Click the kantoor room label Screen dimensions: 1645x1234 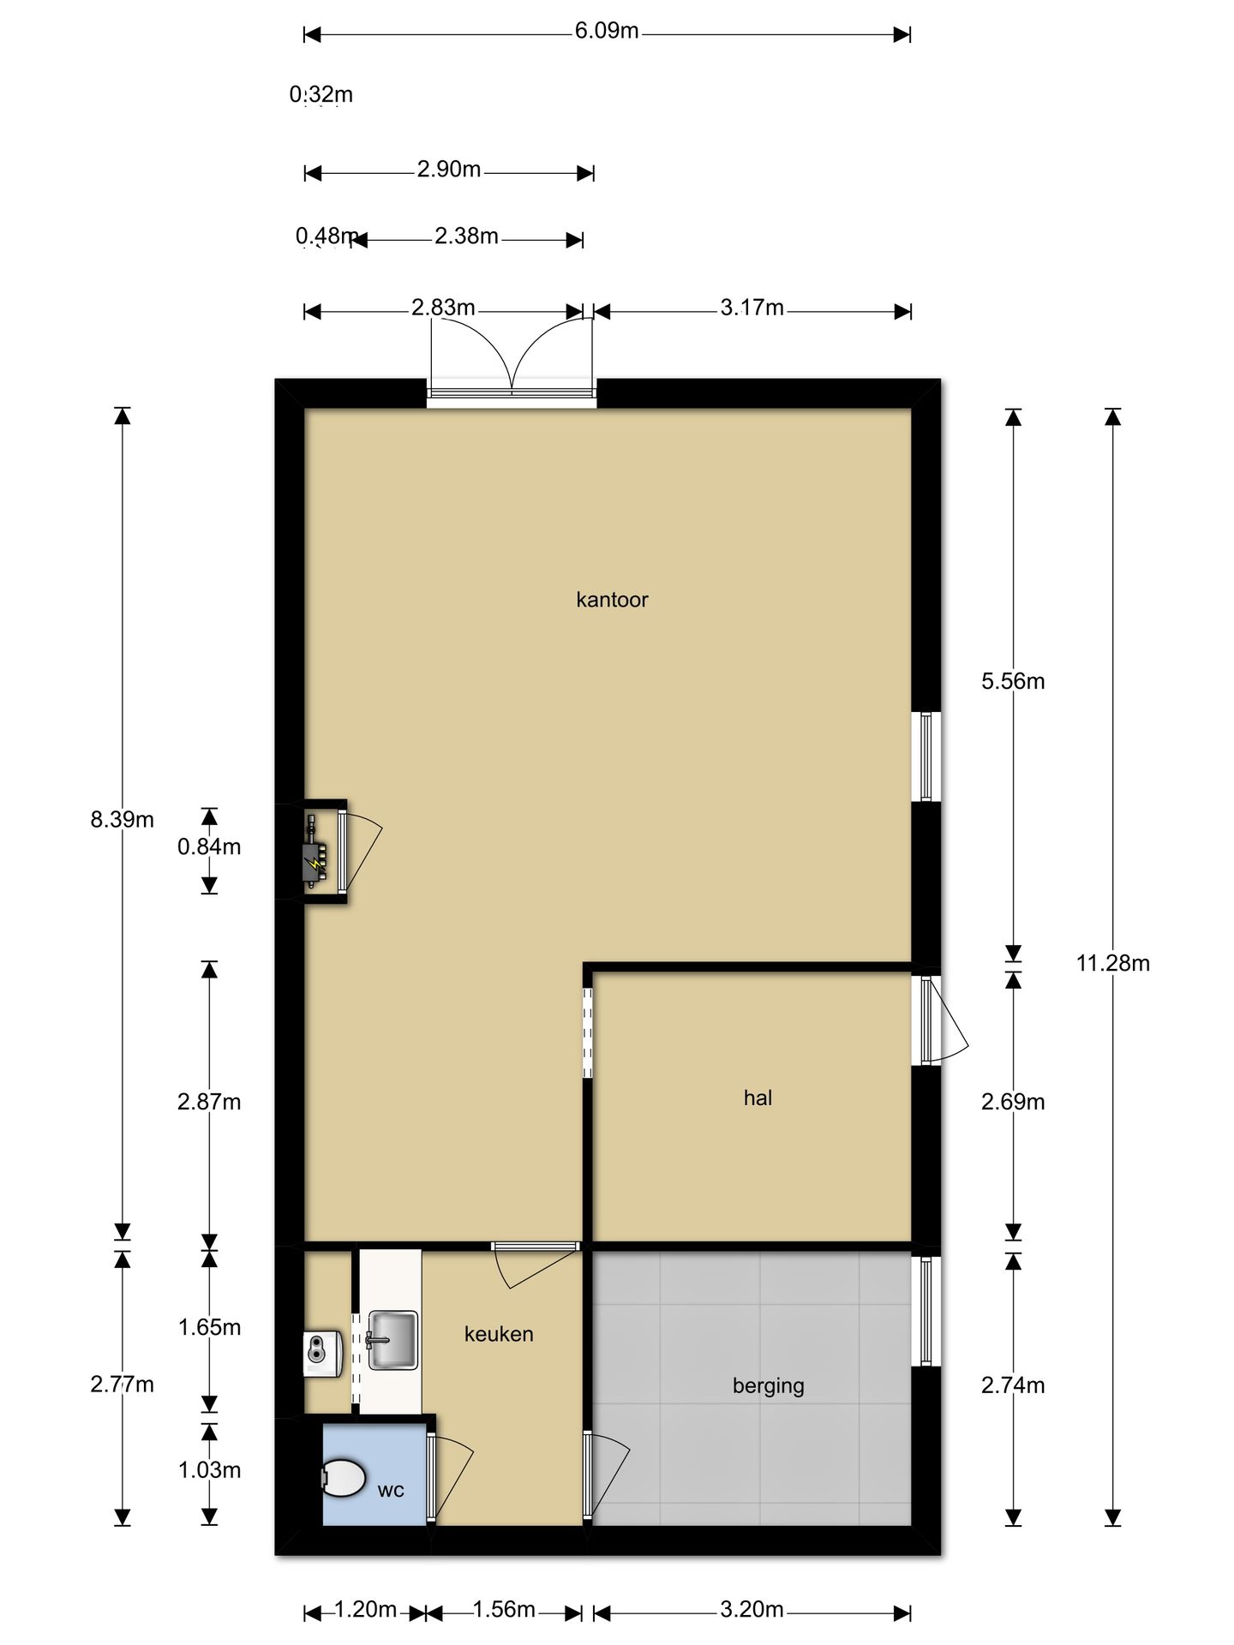coord(612,600)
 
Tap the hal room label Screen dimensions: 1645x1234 coord(758,1098)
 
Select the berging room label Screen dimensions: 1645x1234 coord(768,1385)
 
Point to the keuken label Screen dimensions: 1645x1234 coord(499,1334)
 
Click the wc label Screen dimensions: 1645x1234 coord(391,1490)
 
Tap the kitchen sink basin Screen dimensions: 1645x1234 coord(392,1340)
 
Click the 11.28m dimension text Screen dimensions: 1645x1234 coord(1112,963)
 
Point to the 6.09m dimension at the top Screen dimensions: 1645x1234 coord(607,32)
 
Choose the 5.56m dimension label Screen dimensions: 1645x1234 coord(1013,681)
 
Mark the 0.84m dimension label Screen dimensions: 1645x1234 coord(209,847)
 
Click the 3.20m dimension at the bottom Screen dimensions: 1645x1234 coord(752,1610)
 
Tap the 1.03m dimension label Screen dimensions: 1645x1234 coord(209,1470)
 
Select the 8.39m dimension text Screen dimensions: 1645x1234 coord(123,820)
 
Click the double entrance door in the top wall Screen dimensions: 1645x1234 coord(512,392)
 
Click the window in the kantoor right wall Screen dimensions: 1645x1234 coord(926,756)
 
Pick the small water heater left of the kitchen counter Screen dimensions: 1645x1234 coord(323,1355)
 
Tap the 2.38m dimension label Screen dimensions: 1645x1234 coord(466,236)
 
